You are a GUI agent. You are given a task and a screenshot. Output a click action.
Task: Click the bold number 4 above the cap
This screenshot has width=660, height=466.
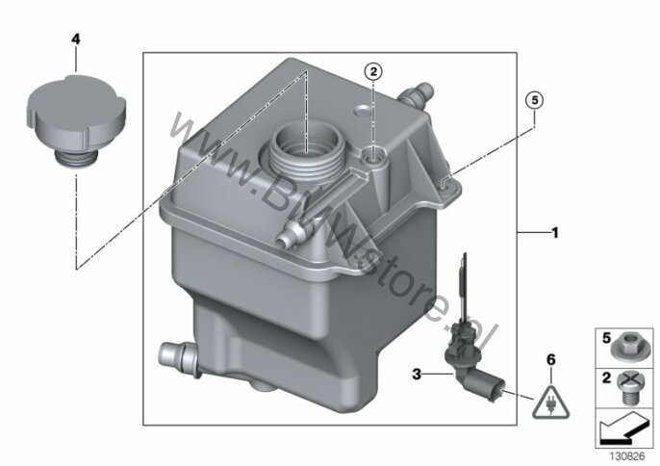(76, 39)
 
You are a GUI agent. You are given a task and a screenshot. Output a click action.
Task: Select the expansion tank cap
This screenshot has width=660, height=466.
(77, 119)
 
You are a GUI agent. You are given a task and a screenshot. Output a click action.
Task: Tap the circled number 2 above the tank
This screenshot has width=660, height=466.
(373, 72)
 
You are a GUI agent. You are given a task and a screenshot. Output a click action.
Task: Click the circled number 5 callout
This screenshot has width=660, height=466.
(535, 101)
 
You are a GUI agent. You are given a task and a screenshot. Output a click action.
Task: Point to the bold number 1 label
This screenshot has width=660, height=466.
(555, 233)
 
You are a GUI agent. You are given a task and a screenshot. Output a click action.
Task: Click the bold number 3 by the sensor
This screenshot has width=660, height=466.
(417, 374)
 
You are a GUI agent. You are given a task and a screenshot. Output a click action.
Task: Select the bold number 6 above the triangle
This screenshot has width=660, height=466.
(551, 360)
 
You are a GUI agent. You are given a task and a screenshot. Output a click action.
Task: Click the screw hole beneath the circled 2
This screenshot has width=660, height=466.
(373, 157)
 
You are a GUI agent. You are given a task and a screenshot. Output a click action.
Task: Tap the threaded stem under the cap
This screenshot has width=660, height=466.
(76, 160)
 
